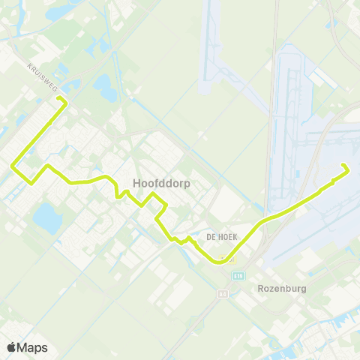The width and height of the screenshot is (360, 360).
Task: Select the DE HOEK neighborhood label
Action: [x=222, y=235]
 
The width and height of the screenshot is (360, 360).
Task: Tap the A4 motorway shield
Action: [x=223, y=294]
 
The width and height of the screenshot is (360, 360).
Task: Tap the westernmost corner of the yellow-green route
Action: [x=12, y=165]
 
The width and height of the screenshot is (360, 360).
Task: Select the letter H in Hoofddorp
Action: [x=136, y=182]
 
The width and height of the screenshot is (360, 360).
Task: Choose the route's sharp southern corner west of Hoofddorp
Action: [x=31, y=181]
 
